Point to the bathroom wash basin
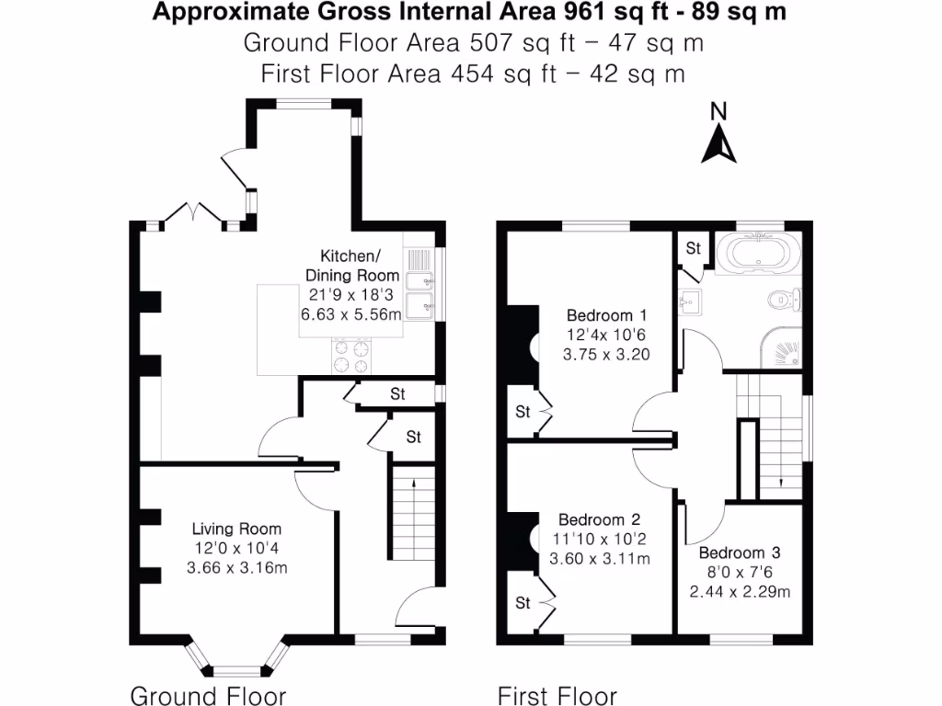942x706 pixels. tap(690, 299)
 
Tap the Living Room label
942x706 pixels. tap(236, 529)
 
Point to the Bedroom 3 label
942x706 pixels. tap(740, 553)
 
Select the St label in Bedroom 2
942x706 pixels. tap(523, 603)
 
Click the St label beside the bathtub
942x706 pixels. tap(693, 248)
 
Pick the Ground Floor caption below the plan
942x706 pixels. tap(208, 695)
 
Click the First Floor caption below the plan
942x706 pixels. tap(557, 695)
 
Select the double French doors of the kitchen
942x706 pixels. tap(193, 214)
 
